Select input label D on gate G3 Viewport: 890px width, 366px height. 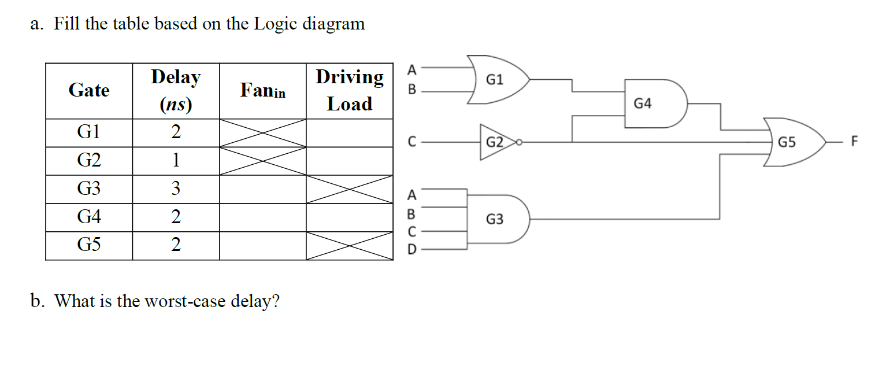(411, 250)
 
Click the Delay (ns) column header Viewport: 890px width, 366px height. (175, 91)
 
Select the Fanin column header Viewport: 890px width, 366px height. (262, 91)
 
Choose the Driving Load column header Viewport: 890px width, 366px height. (349, 91)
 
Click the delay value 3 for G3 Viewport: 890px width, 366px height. (175, 189)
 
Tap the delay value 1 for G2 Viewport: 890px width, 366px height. (175, 161)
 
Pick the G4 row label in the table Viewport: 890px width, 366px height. (89, 217)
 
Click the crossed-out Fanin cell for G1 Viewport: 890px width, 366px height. (262, 133)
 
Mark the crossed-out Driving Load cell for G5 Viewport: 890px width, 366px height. (349, 246)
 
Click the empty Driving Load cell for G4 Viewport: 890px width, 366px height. (349, 217)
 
